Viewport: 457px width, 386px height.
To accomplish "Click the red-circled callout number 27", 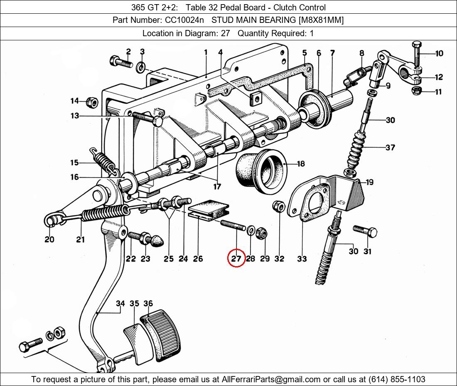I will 236,259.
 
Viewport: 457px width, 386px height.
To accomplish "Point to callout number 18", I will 300,163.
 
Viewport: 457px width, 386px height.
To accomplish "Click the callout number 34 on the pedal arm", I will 120,304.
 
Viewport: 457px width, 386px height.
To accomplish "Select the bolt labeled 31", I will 365,230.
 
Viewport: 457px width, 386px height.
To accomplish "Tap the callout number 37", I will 390,147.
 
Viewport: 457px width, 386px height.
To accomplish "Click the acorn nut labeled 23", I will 158,240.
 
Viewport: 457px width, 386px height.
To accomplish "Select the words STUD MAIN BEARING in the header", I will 251,20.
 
